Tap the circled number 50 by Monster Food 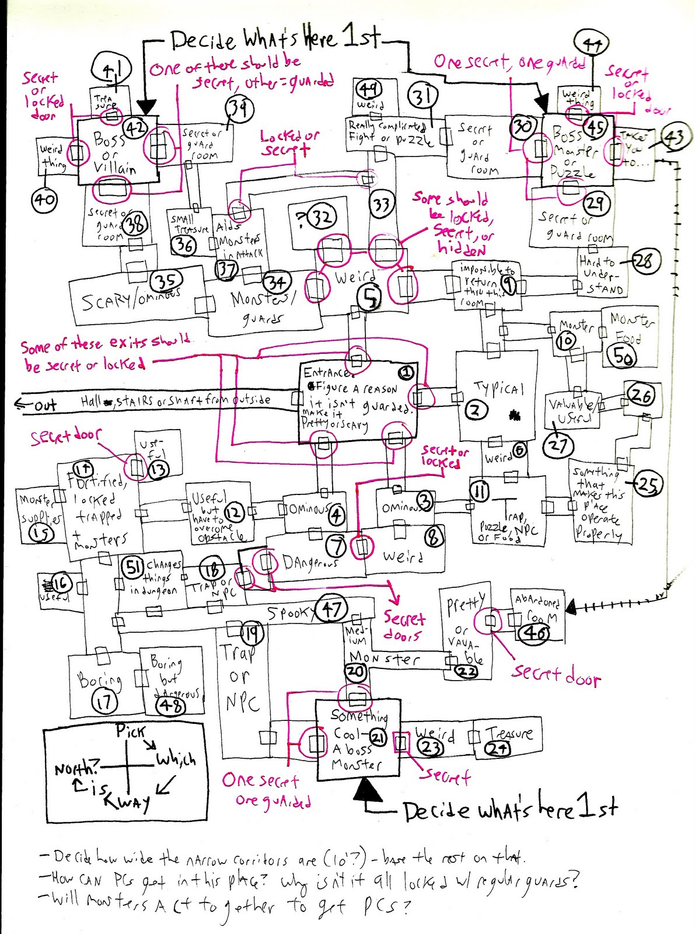(623, 357)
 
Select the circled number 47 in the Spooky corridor (331, 609)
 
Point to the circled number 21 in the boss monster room (378, 738)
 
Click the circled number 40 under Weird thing (44, 200)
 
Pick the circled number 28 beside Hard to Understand (643, 261)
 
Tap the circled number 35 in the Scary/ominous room (166, 281)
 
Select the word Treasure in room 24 (509, 733)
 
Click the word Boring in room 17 (100, 680)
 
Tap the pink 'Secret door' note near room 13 (65, 436)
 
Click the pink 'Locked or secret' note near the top (289, 143)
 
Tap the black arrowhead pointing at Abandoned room (571, 608)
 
